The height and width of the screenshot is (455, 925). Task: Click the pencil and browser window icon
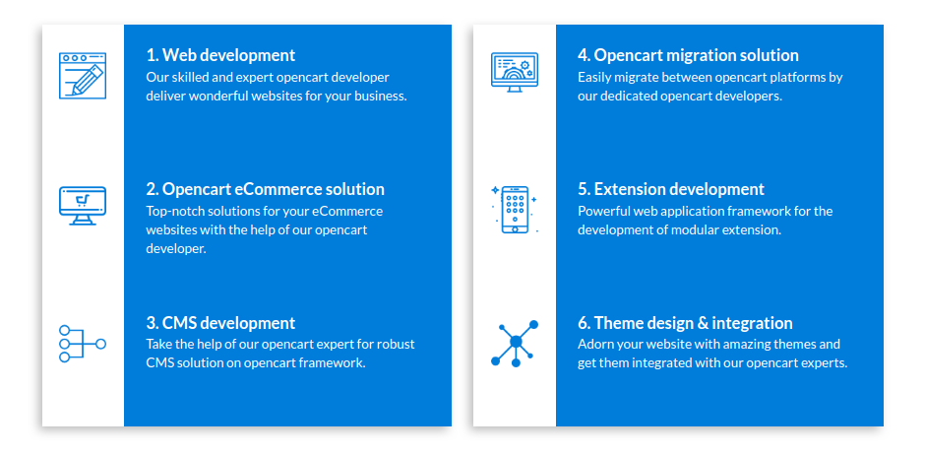83,76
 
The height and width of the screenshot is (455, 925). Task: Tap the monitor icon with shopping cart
83,206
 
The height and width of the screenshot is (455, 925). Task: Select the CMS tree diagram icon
83,344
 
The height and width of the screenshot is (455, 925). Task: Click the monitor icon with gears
515,73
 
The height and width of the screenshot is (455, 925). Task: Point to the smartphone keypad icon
515,210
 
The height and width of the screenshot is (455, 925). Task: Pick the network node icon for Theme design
515,344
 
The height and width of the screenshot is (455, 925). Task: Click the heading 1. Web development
220,55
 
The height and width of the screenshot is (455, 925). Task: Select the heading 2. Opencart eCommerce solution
266,189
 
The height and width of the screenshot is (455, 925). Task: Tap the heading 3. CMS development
220,323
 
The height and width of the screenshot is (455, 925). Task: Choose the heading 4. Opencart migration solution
688,55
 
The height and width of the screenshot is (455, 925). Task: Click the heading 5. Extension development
671,189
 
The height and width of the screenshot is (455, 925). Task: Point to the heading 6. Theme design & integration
685,323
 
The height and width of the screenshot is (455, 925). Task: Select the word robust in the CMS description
397,344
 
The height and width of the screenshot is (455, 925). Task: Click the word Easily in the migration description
593,77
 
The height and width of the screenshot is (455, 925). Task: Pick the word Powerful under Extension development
601,211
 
